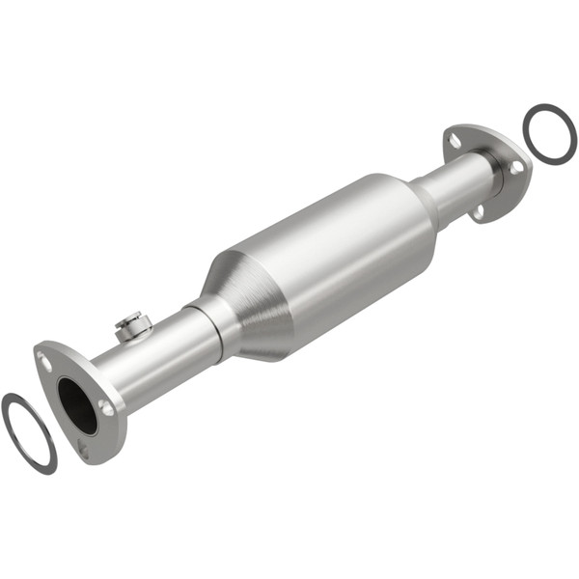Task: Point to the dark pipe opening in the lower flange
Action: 77,405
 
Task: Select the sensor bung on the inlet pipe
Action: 132,326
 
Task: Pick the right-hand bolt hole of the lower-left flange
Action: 105,408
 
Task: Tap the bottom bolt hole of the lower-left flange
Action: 85,450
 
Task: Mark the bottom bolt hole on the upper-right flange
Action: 478,207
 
